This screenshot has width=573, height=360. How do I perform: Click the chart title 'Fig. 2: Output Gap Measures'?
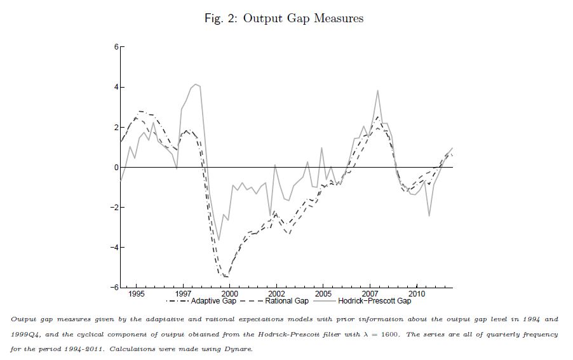(283, 18)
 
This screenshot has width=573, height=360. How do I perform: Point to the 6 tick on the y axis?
(115, 47)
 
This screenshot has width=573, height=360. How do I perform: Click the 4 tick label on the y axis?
(115, 87)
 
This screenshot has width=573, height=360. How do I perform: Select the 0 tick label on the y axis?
(115, 168)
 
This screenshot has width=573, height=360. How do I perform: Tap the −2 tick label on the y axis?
(113, 208)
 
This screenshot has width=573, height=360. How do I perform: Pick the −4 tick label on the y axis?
(113, 248)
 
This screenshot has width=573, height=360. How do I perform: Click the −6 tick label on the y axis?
(113, 288)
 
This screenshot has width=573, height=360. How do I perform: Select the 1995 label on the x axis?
(137, 295)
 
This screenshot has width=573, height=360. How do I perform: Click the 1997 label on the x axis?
(183, 295)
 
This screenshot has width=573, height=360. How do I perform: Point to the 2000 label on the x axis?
(229, 295)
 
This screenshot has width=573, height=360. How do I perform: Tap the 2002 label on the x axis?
(276, 295)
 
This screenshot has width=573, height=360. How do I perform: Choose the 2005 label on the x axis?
(323, 295)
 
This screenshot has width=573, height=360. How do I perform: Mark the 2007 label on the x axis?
(370, 295)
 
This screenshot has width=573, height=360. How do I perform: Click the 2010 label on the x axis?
(417, 295)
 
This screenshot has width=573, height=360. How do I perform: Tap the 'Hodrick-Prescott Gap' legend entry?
(374, 301)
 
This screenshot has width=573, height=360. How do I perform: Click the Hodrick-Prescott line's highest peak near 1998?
(196, 84)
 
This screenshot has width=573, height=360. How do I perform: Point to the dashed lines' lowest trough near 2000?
(226, 277)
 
